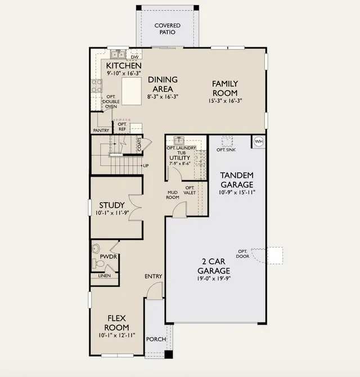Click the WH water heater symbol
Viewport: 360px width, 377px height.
tap(259, 141)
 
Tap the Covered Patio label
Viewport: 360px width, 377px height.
tap(167, 29)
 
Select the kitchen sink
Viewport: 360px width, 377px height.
tap(118, 55)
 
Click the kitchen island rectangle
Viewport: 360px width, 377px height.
tap(132, 91)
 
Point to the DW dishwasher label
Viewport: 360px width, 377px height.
tap(135, 57)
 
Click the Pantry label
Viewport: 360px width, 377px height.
tap(101, 131)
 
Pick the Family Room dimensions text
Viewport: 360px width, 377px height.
tap(225, 101)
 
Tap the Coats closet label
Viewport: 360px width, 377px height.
tap(139, 145)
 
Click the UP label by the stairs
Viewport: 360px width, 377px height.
tap(146, 165)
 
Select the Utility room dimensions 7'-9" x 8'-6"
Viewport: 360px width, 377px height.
tap(180, 164)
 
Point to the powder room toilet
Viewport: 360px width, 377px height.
tap(98, 263)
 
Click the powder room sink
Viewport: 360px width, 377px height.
tap(96, 248)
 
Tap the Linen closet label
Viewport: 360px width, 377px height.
tap(104, 276)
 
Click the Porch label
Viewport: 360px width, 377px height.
tap(156, 339)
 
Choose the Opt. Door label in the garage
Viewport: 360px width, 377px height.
tap(242, 254)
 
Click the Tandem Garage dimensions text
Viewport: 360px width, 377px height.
tap(237, 192)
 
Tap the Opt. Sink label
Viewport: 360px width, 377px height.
tap(226, 150)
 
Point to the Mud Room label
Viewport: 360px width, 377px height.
tap(173, 195)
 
